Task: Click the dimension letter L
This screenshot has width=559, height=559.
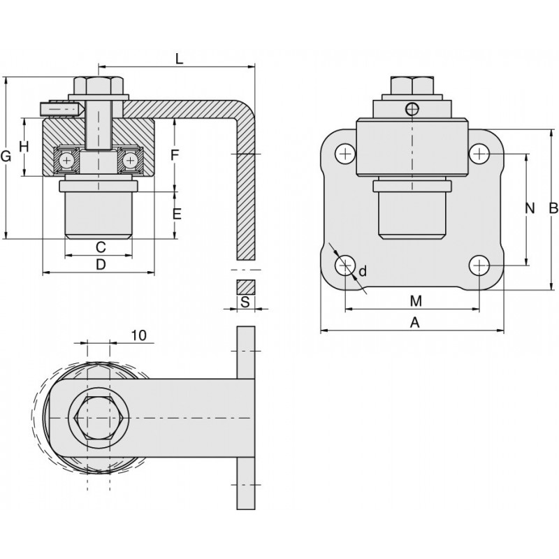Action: (x=179, y=59)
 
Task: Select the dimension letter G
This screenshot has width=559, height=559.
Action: (x=7, y=157)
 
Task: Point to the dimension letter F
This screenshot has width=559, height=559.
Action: (x=176, y=154)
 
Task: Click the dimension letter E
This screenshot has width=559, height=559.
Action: (x=176, y=215)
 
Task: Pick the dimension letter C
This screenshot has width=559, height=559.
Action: (x=100, y=247)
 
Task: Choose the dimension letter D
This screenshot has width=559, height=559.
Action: (x=100, y=264)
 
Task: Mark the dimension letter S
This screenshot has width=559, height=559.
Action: (x=245, y=302)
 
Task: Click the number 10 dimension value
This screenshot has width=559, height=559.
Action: (x=138, y=335)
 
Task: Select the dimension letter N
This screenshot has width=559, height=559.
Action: (x=529, y=208)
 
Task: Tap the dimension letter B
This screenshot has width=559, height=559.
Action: (x=553, y=208)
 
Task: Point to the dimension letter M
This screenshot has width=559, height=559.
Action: (x=416, y=301)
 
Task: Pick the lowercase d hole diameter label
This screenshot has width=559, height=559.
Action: (x=363, y=270)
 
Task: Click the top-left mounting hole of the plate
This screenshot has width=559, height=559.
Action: (x=345, y=153)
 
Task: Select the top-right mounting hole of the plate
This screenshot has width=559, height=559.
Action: (x=479, y=153)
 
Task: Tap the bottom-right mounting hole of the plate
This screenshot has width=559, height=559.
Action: (x=479, y=266)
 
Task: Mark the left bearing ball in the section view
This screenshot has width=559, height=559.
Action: (x=67, y=160)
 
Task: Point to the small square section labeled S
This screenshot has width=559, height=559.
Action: (x=245, y=286)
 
